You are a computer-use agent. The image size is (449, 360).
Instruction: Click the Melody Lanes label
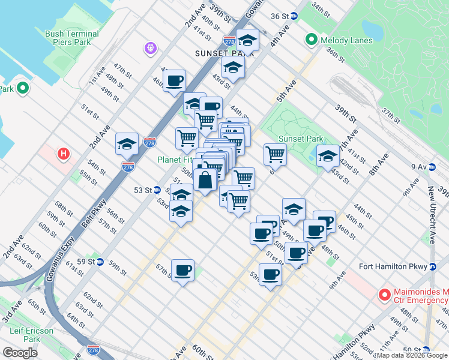(x=346, y=41)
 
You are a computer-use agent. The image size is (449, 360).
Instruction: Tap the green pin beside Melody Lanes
(x=311, y=40)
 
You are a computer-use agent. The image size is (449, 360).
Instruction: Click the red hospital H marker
(x=62, y=154)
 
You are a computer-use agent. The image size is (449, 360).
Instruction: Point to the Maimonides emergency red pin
(x=384, y=295)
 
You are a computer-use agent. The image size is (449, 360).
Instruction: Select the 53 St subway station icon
(x=156, y=190)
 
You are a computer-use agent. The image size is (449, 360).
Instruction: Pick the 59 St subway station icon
(x=100, y=262)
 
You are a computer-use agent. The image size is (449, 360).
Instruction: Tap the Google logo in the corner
(x=20, y=353)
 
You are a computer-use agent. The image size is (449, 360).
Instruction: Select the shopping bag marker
(x=205, y=179)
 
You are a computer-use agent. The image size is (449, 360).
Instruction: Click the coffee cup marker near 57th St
(x=182, y=270)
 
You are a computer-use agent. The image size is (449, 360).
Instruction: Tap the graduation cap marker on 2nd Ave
(x=127, y=145)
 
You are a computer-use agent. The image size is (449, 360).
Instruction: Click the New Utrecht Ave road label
(x=432, y=216)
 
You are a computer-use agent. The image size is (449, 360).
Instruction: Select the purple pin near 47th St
(x=149, y=47)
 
